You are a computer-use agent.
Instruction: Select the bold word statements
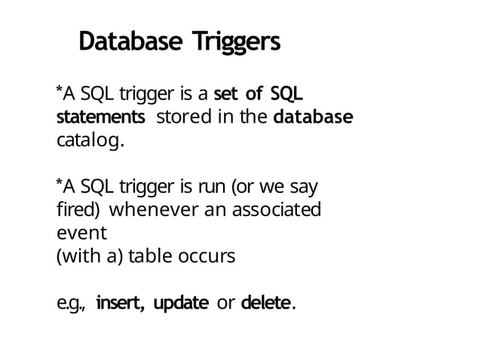click(101, 118)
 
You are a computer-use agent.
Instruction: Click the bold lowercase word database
click(312, 117)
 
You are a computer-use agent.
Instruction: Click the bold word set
click(227, 94)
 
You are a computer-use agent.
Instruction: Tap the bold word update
click(181, 304)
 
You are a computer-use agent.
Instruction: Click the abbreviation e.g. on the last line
click(72, 304)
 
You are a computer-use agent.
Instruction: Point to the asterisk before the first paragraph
click(60, 90)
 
